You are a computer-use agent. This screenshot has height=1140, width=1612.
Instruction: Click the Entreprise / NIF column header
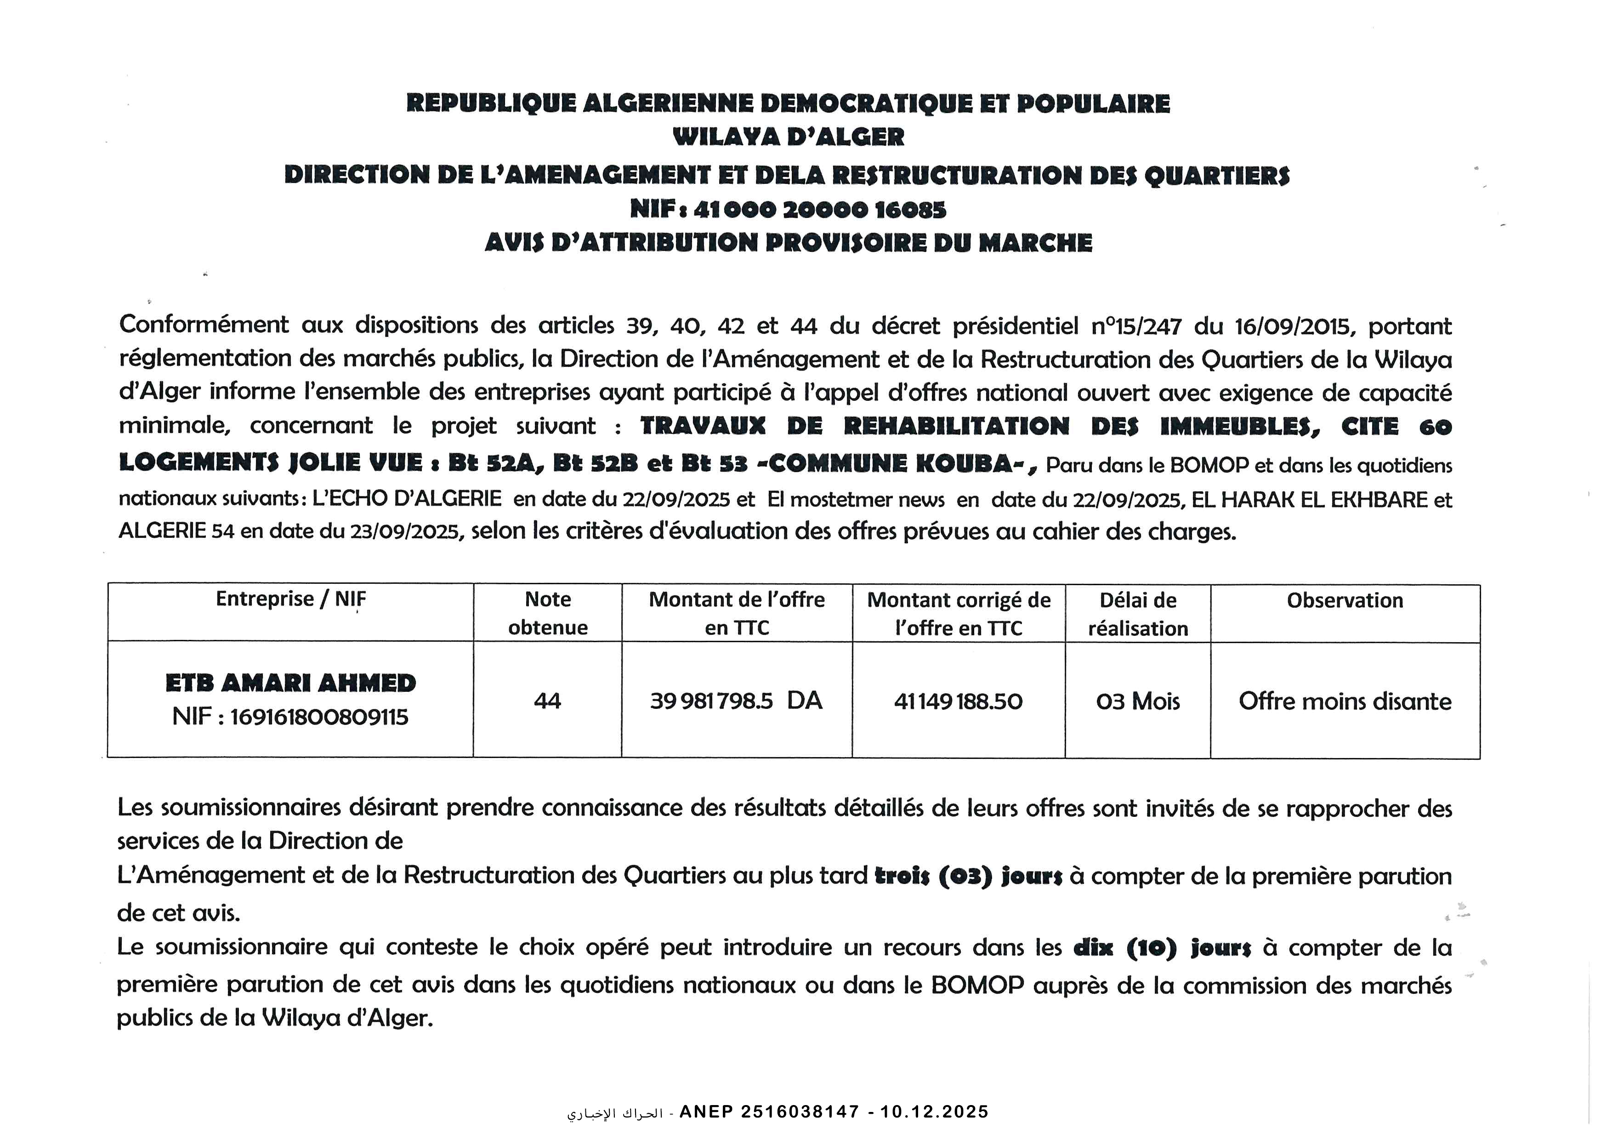[x=291, y=599]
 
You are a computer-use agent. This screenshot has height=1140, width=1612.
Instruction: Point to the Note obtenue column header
[x=548, y=613]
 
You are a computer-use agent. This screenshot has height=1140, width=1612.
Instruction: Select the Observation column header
[x=1345, y=600]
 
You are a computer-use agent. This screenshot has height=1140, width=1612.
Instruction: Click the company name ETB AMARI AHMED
[x=291, y=683]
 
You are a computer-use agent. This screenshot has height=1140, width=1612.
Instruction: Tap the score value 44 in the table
[x=548, y=701]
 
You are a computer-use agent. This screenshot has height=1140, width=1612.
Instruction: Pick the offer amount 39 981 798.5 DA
[x=736, y=701]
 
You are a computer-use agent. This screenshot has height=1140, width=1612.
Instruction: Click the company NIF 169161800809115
[x=319, y=717]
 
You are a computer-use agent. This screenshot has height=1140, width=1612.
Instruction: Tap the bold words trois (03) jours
[x=968, y=877]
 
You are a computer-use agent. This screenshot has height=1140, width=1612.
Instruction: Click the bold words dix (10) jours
[x=1162, y=948]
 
